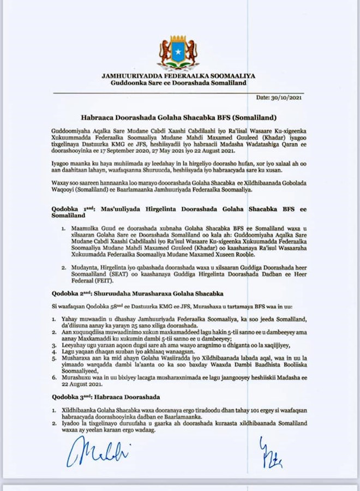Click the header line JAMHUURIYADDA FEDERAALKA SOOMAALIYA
[x=178, y=75]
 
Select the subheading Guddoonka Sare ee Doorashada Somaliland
[x=178, y=82]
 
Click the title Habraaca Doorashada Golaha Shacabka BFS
[x=179, y=117]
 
